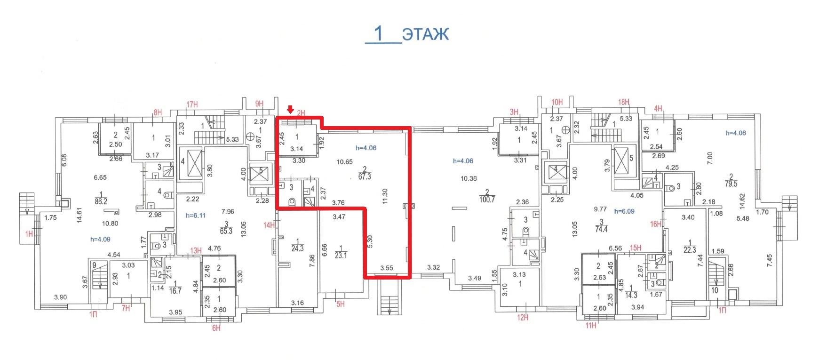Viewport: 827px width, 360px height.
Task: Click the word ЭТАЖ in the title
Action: click(x=426, y=34)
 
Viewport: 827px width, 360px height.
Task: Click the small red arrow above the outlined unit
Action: click(x=290, y=110)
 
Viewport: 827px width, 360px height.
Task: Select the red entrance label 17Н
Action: click(x=192, y=104)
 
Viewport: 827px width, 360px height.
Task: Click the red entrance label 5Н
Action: click(x=341, y=304)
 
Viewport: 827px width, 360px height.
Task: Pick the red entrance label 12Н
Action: click(x=523, y=318)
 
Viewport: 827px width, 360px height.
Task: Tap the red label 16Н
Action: click(x=656, y=224)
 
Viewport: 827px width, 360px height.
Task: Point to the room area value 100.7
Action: click(x=487, y=199)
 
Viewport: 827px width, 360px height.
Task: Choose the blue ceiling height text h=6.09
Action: click(x=625, y=211)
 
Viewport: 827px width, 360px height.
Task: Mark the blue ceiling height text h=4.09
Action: click(x=100, y=239)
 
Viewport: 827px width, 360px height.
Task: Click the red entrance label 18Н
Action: click(x=624, y=102)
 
